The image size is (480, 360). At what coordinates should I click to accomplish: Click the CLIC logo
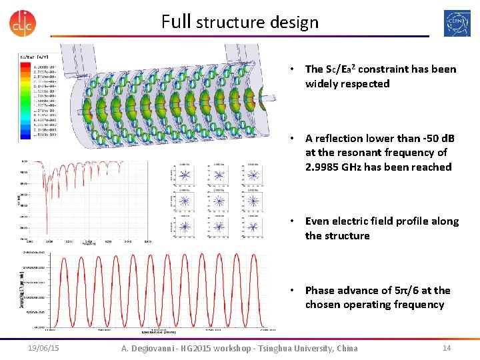[x=22, y=23]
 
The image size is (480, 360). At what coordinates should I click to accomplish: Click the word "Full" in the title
[x=176, y=22]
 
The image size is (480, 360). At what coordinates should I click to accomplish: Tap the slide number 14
[x=447, y=348]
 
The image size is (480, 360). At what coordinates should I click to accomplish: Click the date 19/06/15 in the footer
[x=43, y=348]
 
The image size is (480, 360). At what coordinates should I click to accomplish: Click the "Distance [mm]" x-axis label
[x=158, y=331]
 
